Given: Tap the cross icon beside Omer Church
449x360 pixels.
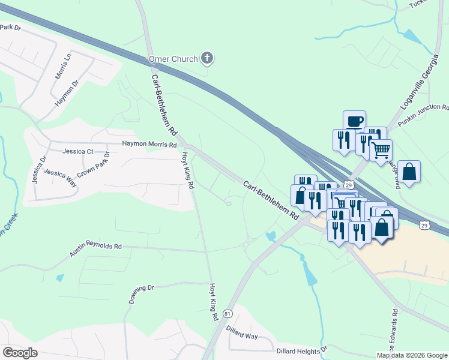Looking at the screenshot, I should (207, 58).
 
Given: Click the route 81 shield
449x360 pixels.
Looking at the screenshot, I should (227, 313).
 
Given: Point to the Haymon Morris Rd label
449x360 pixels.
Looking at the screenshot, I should (149, 145).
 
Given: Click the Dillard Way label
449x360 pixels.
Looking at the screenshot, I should (242, 333).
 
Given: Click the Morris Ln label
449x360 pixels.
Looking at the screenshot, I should (62, 66).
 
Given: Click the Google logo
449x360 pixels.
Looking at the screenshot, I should (20, 352).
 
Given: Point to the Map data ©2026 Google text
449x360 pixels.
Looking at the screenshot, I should (412, 355).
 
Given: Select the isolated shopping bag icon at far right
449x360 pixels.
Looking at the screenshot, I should (409, 171).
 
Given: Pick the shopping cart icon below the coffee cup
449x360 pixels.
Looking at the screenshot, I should (381, 150).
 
